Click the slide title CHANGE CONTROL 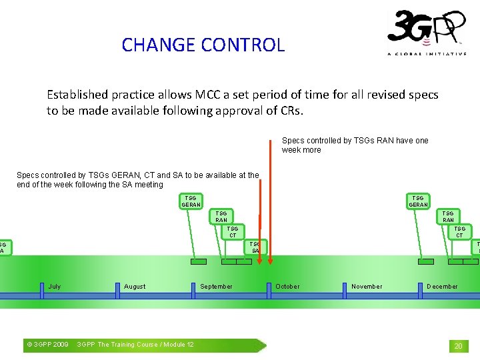pos(203,45)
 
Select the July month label pos(55,287)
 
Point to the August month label pos(135,287)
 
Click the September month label pos(217,287)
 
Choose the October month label pos(287,287)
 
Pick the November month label pos(367,287)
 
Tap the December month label pos(442,287)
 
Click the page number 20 pos(458,346)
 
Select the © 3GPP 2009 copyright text pos(47,345)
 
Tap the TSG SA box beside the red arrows pos(255,247)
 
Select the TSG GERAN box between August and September pos(191,201)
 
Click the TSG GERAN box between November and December pos(418,201)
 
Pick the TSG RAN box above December pos(448,217)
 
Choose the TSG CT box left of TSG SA pos(233,232)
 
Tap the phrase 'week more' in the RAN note pos(301,150)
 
